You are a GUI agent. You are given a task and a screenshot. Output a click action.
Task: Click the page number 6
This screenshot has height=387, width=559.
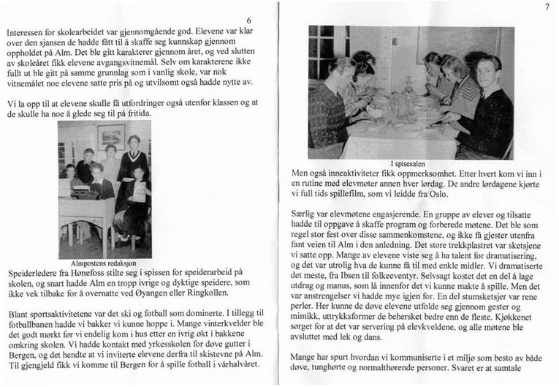[249, 20]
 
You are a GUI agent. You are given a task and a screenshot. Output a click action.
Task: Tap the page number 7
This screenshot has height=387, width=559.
[546, 7]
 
